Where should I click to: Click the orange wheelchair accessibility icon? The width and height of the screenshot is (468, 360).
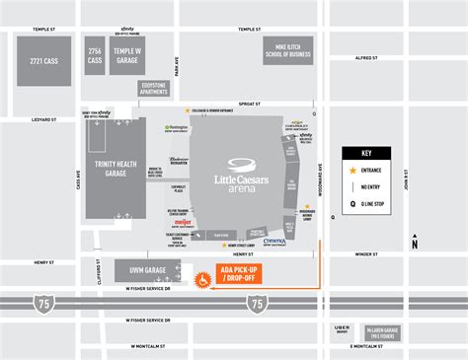202,279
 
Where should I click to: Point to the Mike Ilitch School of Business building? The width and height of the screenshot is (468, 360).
287,50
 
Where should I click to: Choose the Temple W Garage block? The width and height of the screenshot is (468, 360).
128,56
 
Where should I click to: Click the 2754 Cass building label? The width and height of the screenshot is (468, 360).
95,56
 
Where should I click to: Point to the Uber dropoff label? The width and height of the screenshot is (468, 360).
343,329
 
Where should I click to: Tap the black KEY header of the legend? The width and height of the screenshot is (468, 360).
365,153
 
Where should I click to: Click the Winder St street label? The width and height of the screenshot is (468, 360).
366,253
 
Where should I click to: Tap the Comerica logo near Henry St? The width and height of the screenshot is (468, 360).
275,240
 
